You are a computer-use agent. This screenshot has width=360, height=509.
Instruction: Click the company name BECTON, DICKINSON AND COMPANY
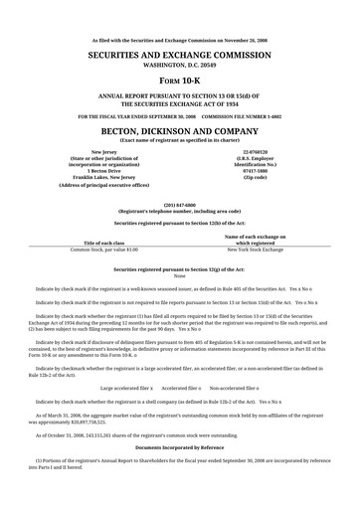(x=179, y=129)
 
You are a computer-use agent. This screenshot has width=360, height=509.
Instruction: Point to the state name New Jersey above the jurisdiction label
(x=103, y=152)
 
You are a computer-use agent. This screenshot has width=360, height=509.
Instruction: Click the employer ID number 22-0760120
(x=262, y=152)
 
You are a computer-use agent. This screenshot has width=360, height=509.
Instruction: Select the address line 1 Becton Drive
(x=103, y=170)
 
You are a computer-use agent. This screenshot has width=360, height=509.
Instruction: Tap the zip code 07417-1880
(x=262, y=170)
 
